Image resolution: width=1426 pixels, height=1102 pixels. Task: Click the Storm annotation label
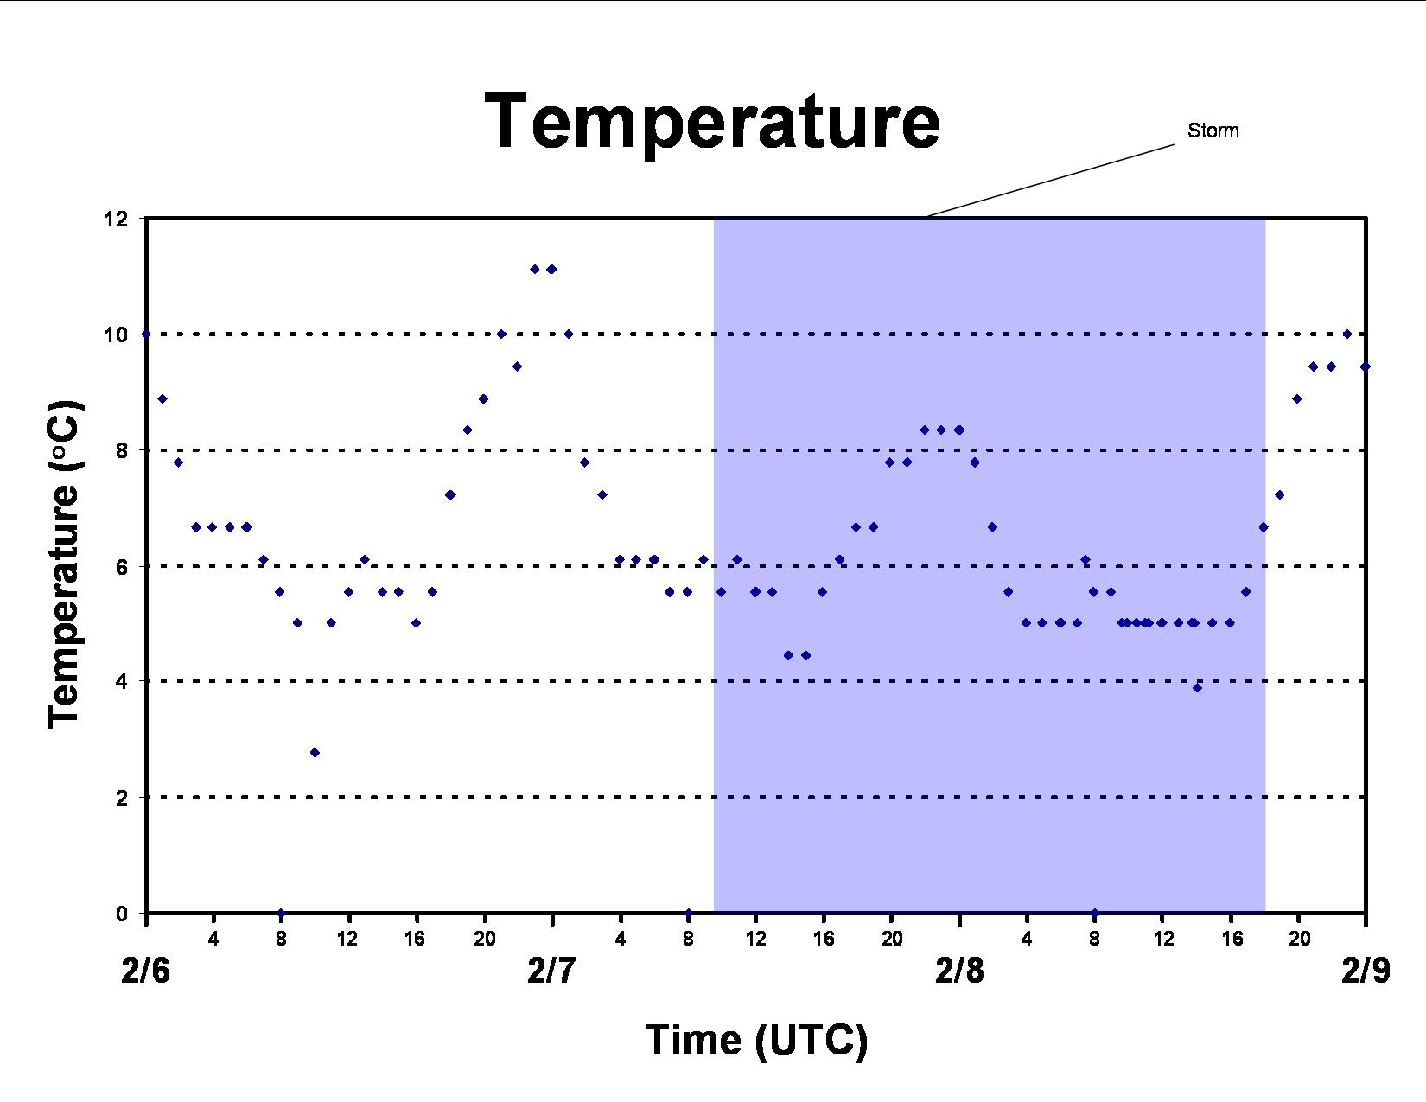pyautogui.click(x=1213, y=131)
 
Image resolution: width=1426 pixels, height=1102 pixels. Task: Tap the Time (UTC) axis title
pyautogui.click(x=756, y=1041)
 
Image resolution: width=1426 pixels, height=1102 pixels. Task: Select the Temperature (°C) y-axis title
pyautogui.click(x=64, y=564)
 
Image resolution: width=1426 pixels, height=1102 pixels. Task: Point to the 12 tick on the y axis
pyautogui.click(x=116, y=219)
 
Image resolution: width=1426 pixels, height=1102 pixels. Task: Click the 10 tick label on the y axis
pyautogui.click(x=116, y=334)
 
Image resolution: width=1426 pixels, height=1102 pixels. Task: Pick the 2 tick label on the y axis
pyautogui.click(x=122, y=798)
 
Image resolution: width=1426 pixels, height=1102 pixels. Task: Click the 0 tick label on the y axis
pyautogui.click(x=122, y=913)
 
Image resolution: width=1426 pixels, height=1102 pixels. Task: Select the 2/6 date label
pyautogui.click(x=146, y=970)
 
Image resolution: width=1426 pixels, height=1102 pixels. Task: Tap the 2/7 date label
pyautogui.click(x=552, y=970)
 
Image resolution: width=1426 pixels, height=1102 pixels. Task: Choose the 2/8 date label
pyautogui.click(x=959, y=970)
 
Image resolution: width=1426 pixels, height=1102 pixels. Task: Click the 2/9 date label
pyautogui.click(x=1366, y=970)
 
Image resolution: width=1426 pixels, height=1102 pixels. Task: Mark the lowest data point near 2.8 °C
pyautogui.click(x=315, y=752)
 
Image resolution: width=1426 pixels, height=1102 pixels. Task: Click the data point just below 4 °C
pyautogui.click(x=1197, y=688)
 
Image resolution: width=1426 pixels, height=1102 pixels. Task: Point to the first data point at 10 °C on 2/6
pyautogui.click(x=146, y=334)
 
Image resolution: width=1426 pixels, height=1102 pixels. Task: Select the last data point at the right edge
pyautogui.click(x=1365, y=366)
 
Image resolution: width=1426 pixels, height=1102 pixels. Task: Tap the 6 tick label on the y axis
pyautogui.click(x=122, y=566)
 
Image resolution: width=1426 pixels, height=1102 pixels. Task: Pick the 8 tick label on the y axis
pyautogui.click(x=122, y=450)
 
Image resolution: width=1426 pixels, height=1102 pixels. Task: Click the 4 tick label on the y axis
pyautogui.click(x=122, y=681)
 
